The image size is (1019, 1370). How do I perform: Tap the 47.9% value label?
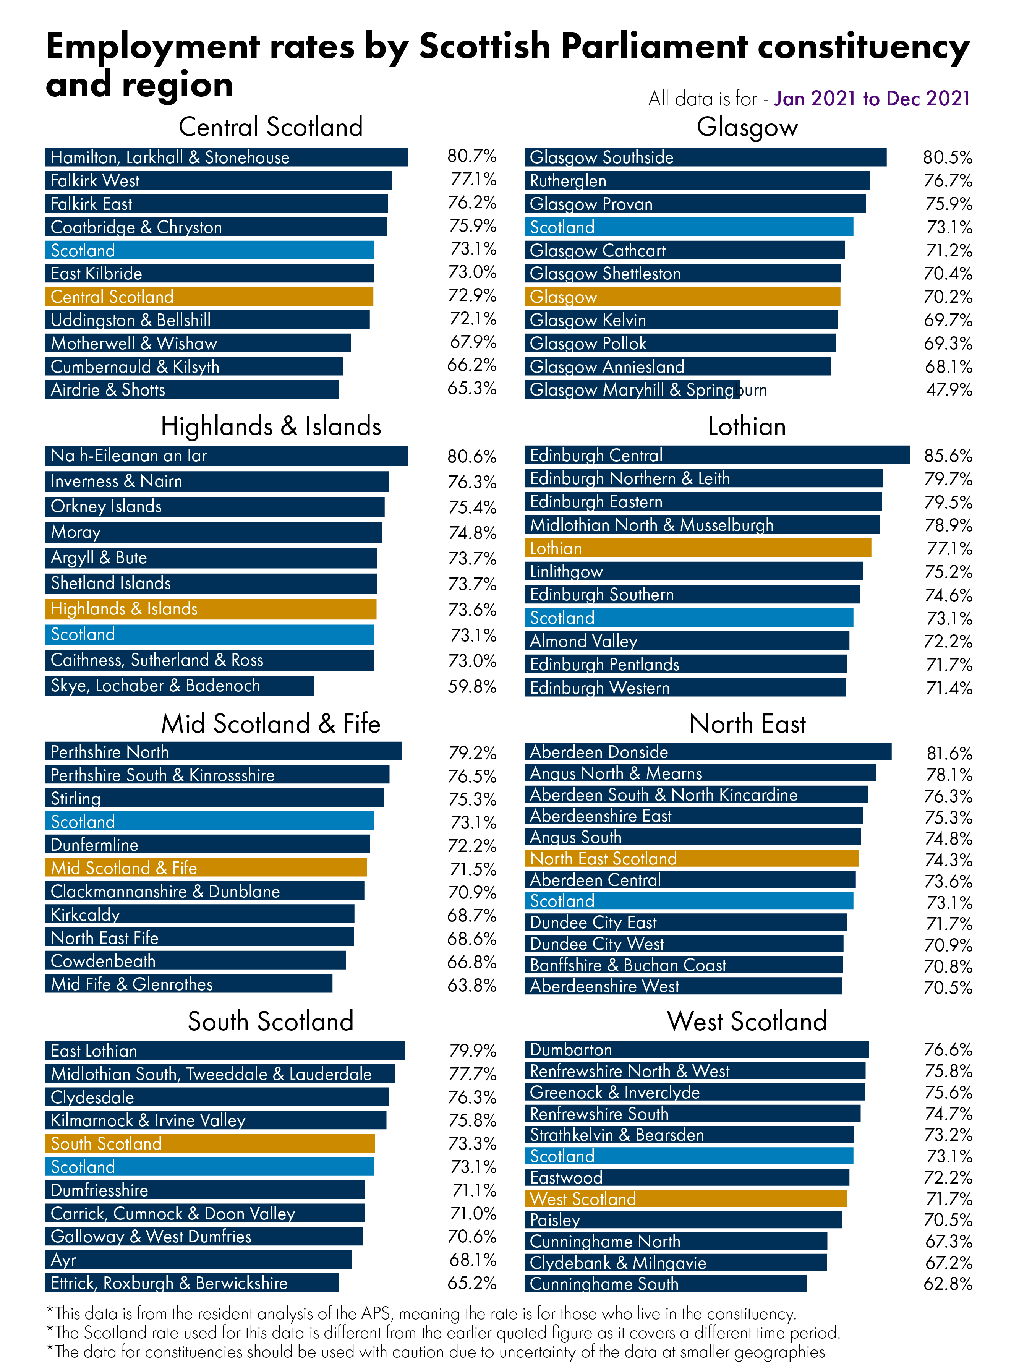tap(948, 390)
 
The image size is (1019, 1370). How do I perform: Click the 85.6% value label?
tap(948, 456)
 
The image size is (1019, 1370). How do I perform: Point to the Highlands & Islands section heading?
tap(271, 426)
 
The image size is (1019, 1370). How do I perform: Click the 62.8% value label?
tap(948, 1284)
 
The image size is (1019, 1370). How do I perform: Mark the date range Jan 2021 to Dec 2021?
tap(872, 99)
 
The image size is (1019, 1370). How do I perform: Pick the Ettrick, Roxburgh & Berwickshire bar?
tap(192, 1283)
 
